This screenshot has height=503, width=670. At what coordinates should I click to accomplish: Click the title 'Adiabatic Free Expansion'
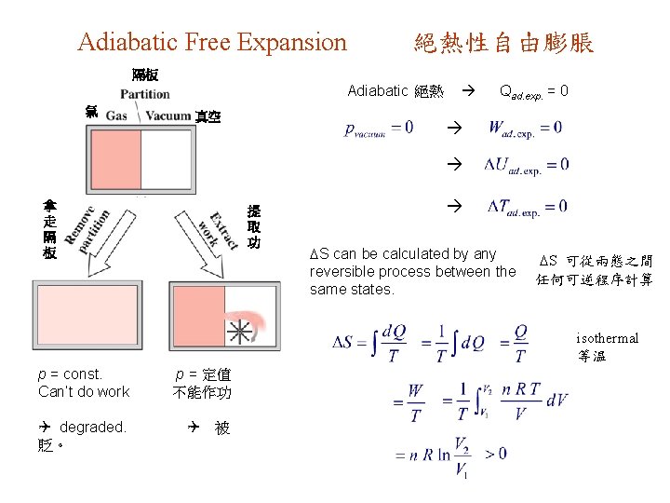point(212,42)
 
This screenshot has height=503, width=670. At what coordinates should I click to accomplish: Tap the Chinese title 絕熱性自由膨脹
point(503,43)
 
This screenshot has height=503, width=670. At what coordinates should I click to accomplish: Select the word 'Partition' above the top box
point(145,93)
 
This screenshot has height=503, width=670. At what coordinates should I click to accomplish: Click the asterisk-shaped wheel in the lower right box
point(240,331)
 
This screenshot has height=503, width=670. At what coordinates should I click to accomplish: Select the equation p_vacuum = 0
point(380,127)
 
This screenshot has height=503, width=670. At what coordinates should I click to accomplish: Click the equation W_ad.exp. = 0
point(525,127)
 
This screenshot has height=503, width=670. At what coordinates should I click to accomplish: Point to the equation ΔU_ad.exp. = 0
point(526,166)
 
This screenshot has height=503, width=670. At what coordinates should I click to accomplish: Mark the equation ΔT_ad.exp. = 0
point(526,207)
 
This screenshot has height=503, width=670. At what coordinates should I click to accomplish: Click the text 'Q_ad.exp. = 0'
point(534,91)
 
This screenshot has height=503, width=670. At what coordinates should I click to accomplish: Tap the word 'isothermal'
point(607,338)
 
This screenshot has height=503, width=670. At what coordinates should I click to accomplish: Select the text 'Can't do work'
point(84,392)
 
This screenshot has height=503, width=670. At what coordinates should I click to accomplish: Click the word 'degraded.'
point(92,428)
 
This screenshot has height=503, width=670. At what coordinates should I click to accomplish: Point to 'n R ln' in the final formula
point(423,455)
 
